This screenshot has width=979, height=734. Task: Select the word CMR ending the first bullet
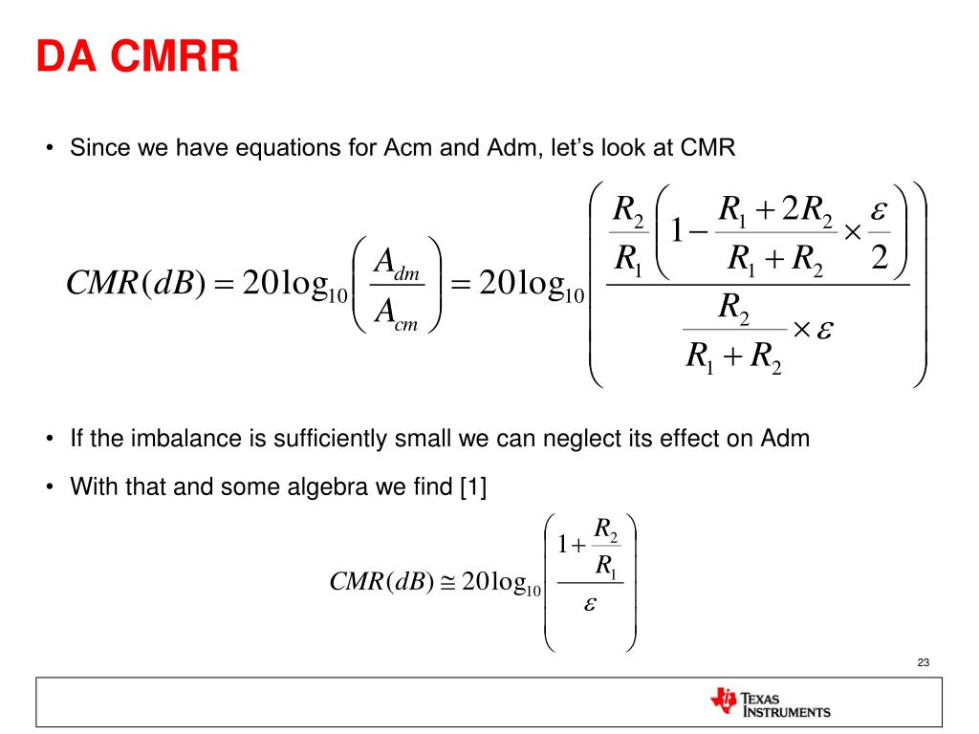[x=708, y=148]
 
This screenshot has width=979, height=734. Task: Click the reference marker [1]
[x=473, y=486]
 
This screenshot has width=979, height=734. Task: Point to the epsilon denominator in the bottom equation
[x=590, y=605]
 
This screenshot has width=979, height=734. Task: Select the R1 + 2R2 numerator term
[x=775, y=208]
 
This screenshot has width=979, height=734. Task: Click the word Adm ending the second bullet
[x=786, y=439]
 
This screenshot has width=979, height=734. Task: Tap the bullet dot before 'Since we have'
[x=50, y=149]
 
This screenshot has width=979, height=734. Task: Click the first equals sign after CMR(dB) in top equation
[x=218, y=285]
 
